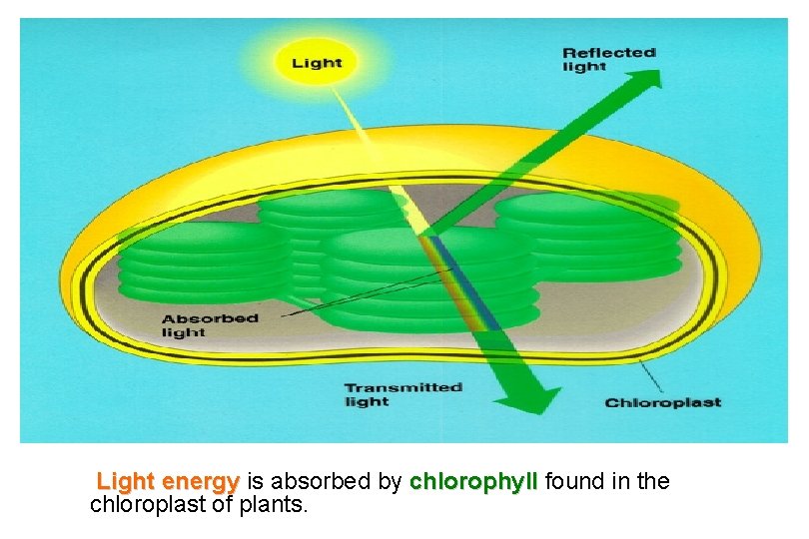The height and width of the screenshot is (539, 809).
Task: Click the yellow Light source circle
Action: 316,62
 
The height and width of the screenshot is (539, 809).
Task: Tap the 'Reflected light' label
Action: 608,59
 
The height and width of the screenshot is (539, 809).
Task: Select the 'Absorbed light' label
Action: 210,325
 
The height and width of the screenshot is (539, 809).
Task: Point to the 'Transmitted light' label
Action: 403,394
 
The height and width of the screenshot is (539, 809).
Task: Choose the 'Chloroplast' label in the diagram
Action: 662,403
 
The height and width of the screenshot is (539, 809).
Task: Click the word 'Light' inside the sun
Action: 316,63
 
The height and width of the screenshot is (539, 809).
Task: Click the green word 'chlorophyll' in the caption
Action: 473,482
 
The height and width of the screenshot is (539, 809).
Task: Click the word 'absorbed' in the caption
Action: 324,482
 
